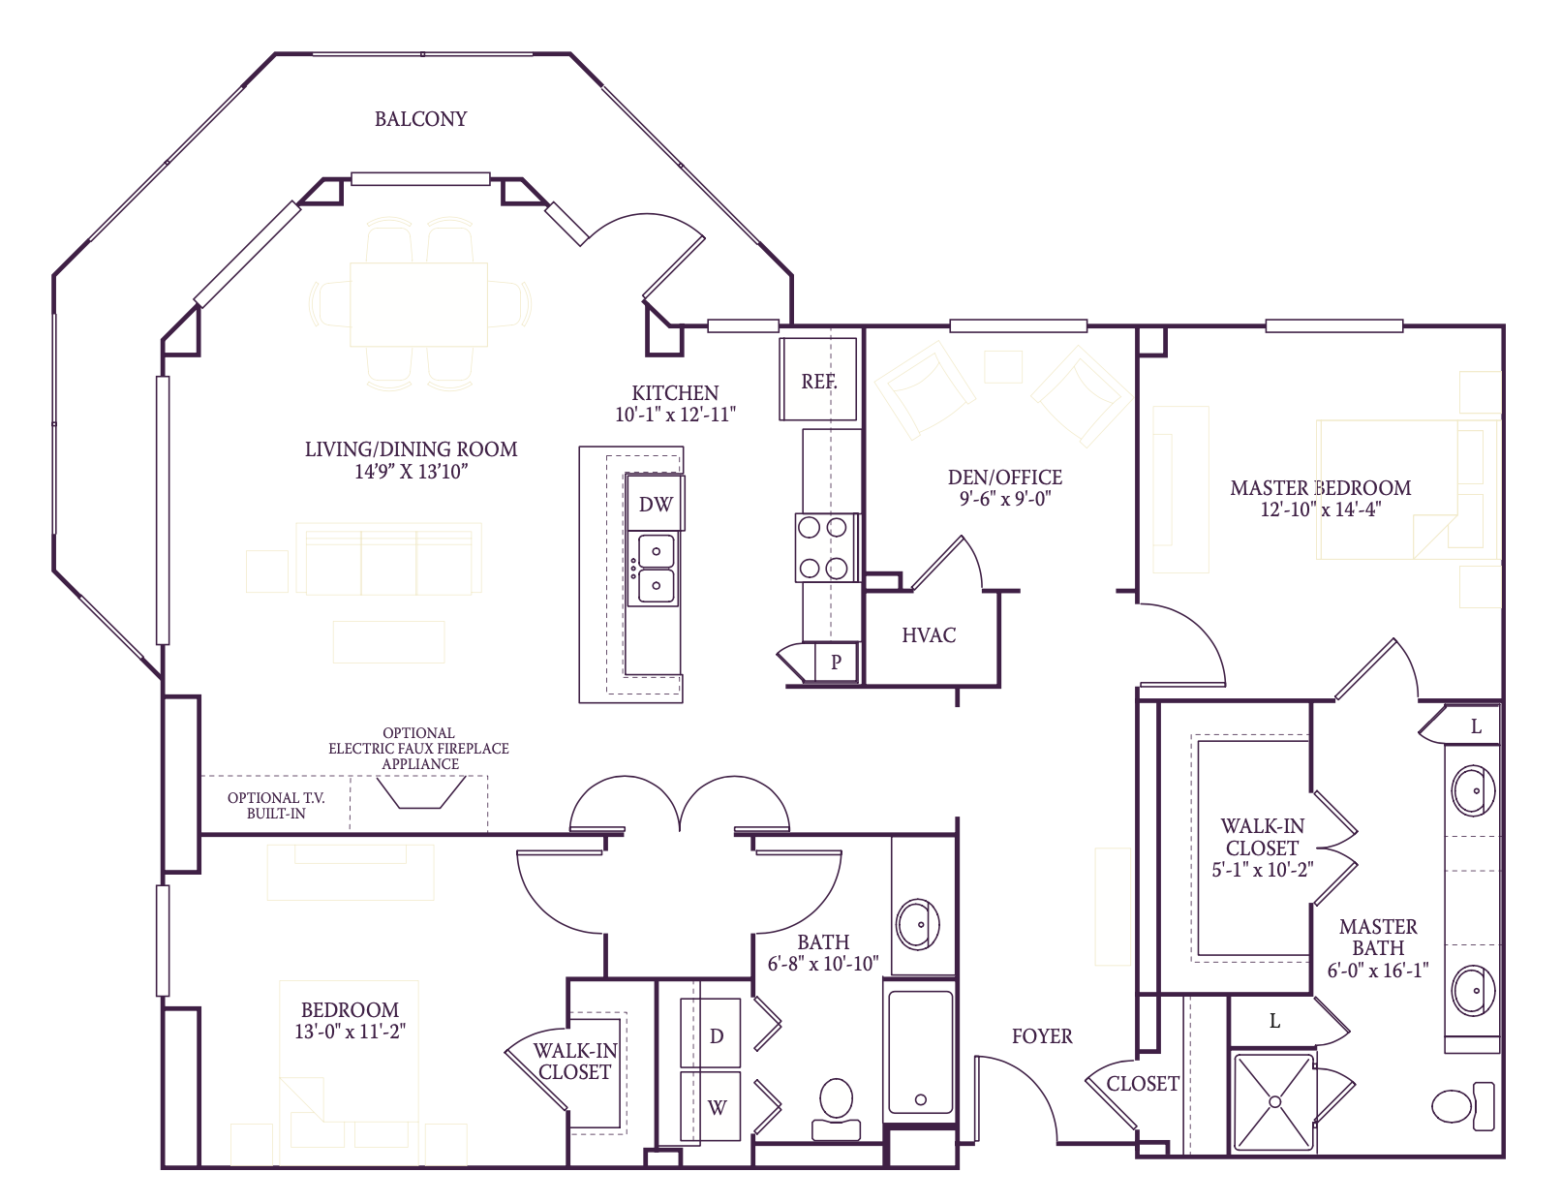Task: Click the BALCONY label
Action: click(x=420, y=119)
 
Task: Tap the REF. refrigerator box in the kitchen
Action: click(x=818, y=380)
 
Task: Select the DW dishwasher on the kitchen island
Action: click(x=656, y=503)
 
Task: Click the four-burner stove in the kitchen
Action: click(x=823, y=548)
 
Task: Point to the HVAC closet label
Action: click(x=928, y=635)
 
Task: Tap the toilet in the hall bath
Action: click(x=836, y=1109)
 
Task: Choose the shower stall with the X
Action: click(x=1274, y=1102)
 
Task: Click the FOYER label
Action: click(x=1041, y=1035)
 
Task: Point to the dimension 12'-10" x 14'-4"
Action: click(x=1320, y=509)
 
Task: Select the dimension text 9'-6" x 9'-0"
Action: click(x=1004, y=499)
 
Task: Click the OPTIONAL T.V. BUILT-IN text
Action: click(x=276, y=805)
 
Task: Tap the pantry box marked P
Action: click(x=836, y=663)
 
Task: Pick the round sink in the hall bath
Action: click(x=917, y=924)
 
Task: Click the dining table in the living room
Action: click(x=418, y=303)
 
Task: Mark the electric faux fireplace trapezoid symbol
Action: click(x=420, y=793)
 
